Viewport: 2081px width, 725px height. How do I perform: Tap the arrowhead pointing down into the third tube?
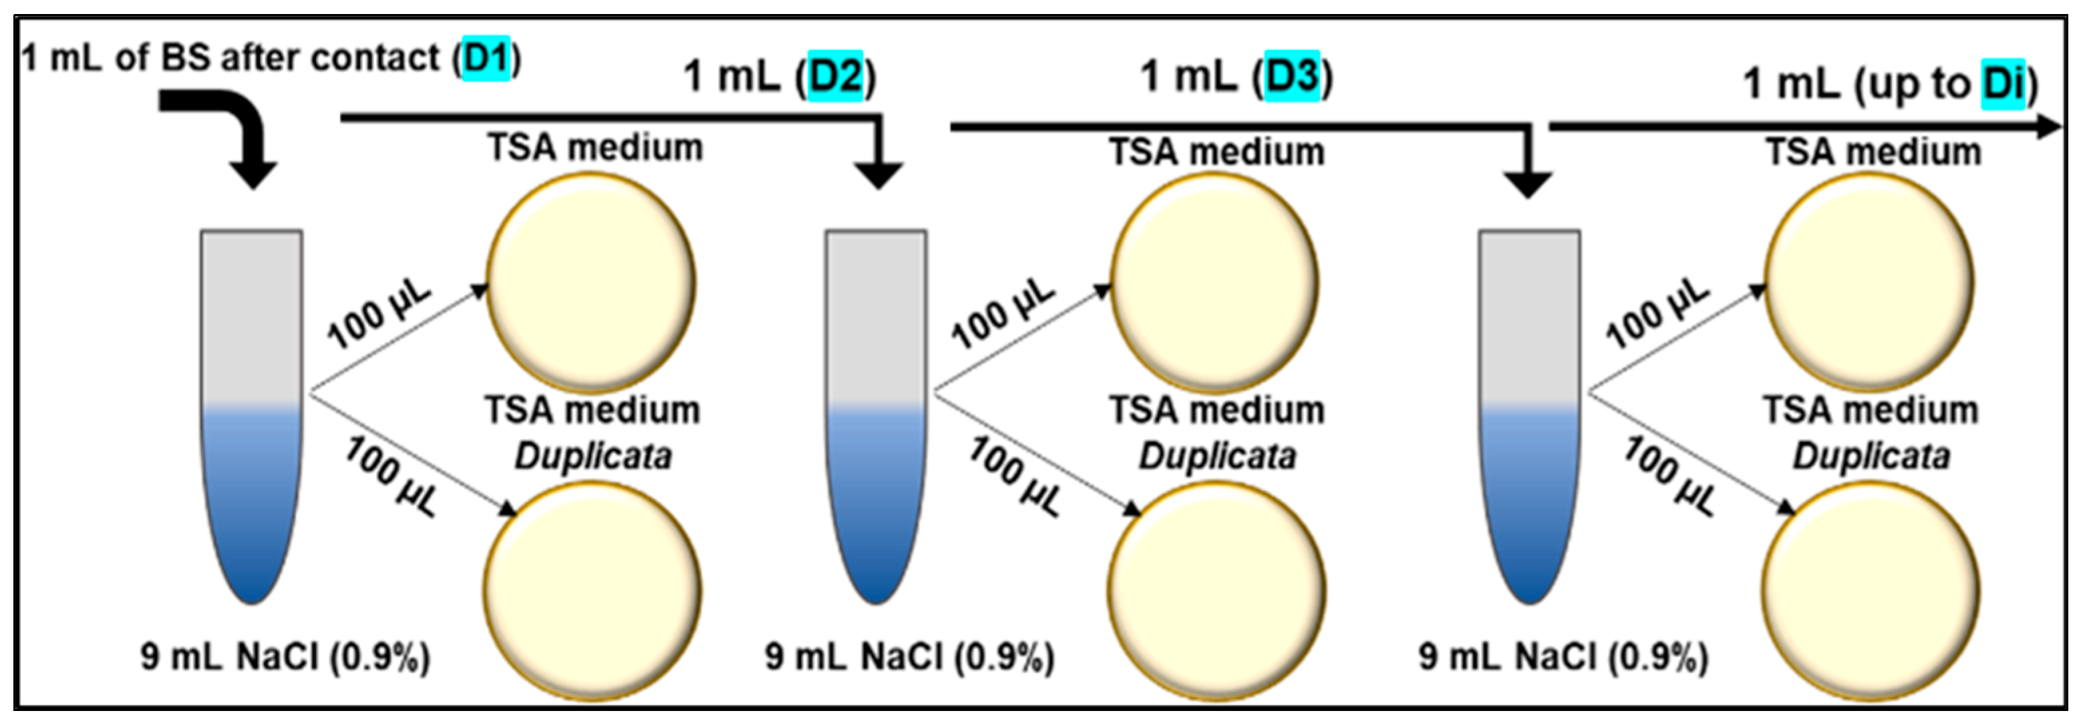1526,184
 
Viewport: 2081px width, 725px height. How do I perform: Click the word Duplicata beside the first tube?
593,457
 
